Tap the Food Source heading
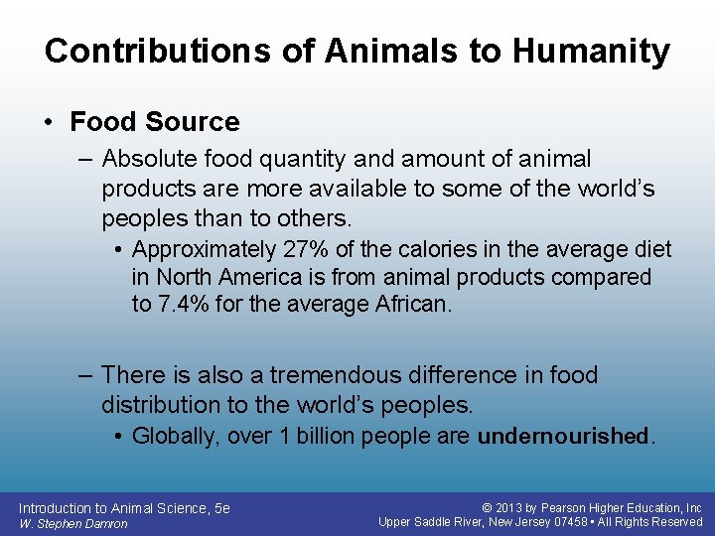pyautogui.click(x=155, y=122)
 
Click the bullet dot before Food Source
pyautogui.click(x=49, y=122)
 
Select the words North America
pyautogui.click(x=220, y=277)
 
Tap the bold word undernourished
pyautogui.click(x=563, y=436)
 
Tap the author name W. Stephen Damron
pyautogui.click(x=73, y=523)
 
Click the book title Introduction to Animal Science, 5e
pyautogui.click(x=124, y=507)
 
